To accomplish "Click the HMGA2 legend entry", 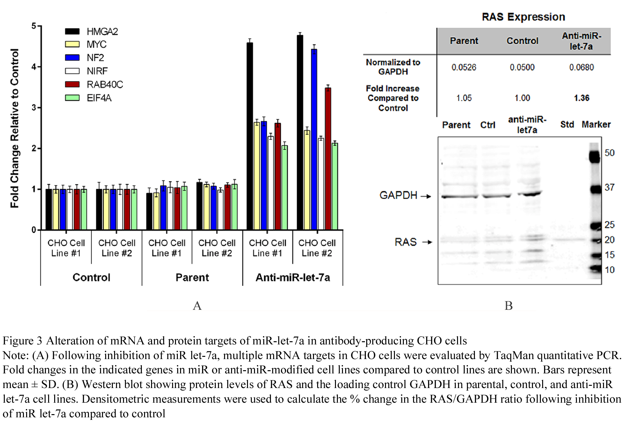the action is [x=91, y=31].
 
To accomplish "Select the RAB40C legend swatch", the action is [x=72, y=84].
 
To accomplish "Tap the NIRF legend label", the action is [x=97, y=71].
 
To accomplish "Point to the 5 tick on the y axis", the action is [x=34, y=26].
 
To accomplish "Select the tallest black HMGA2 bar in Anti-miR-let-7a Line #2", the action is [x=300, y=132].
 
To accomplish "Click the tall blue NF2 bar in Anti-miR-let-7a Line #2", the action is [x=314, y=139].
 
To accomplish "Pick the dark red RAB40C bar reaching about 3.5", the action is [x=328, y=159].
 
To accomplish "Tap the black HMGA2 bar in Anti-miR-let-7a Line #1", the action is [x=250, y=136].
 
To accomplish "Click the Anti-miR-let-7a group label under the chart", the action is [x=293, y=277].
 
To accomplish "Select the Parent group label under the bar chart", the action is [x=192, y=277].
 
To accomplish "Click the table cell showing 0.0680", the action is [x=581, y=67].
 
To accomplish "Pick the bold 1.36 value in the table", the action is [x=582, y=98].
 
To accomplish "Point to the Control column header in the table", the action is [x=522, y=41].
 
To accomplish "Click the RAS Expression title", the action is [x=523, y=17].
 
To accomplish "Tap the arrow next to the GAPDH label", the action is [x=426, y=196].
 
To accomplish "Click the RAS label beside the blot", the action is [x=406, y=242].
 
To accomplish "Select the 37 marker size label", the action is [x=609, y=187].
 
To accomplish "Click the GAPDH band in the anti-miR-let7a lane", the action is [x=529, y=194].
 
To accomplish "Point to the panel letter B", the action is [x=509, y=306].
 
